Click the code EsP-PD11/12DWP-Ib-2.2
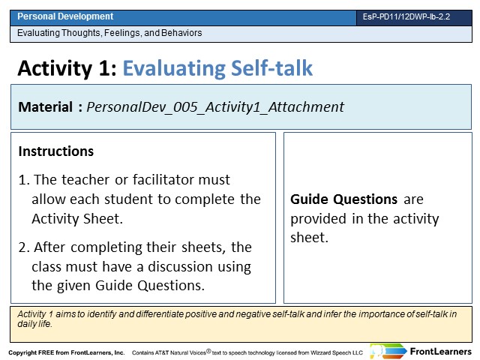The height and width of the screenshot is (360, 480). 406,16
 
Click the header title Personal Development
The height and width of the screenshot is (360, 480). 65,16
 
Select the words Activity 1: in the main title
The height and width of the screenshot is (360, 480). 67,68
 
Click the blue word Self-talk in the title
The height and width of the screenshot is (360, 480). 271,68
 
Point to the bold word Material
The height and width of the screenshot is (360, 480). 45,107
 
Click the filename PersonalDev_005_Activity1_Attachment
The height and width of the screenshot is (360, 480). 215,107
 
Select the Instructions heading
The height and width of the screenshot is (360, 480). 56,151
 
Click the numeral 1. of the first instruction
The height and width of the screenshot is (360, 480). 24,180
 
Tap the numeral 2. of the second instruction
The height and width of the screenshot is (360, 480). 24,247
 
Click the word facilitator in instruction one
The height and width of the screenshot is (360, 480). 162,180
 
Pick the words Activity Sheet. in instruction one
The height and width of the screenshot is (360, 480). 77,218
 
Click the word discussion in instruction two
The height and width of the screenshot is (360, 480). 180,267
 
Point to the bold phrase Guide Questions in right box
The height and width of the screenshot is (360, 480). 343,199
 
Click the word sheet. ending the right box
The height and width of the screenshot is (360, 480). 309,238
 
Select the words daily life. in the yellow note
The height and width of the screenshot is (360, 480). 35,324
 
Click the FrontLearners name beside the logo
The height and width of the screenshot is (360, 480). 441,352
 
